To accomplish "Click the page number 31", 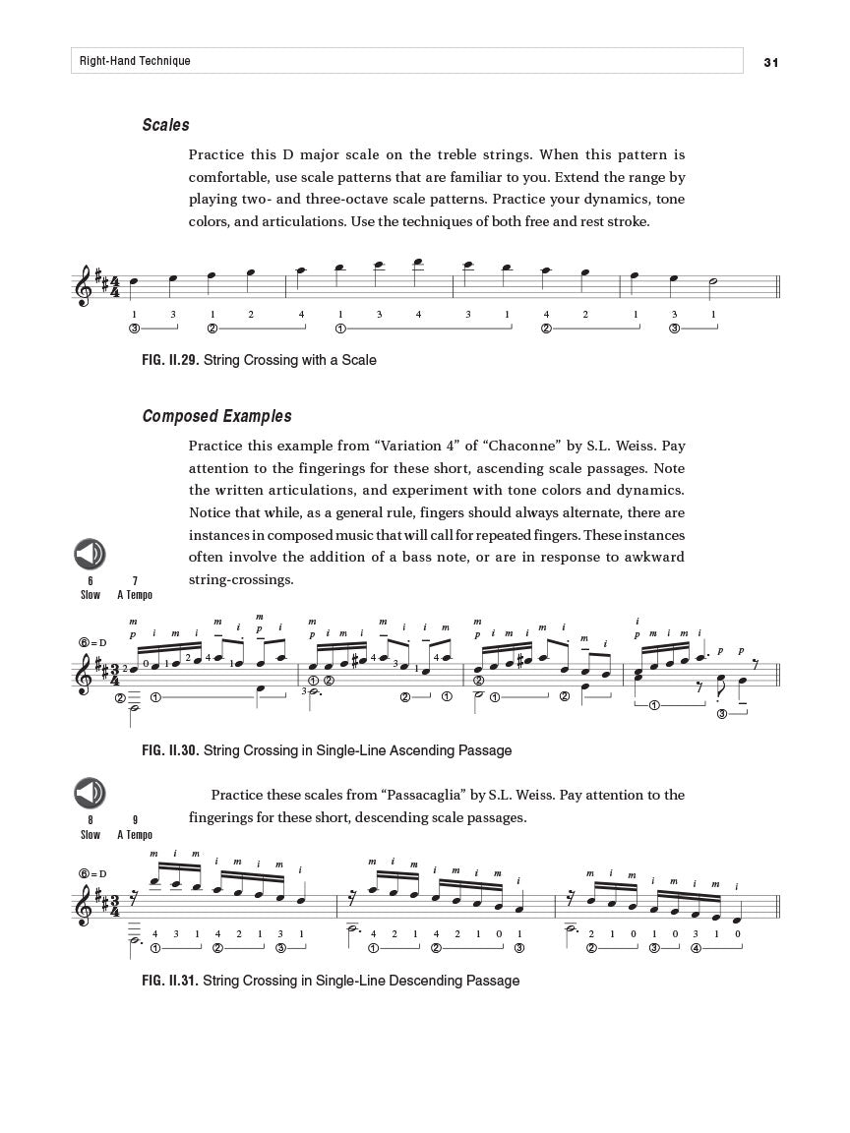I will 770,62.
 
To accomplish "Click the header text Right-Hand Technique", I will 136,61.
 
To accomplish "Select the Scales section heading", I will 165,125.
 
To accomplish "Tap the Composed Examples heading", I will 216,416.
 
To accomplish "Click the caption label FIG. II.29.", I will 170,360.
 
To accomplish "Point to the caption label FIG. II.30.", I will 170,750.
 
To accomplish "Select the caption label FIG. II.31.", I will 170,981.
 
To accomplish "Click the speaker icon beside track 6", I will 90,555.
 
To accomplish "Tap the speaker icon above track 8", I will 90,793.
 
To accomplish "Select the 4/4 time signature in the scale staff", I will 114,287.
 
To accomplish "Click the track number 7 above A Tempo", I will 135,580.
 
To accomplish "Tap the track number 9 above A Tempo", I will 135,819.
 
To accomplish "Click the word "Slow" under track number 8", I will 91,835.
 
